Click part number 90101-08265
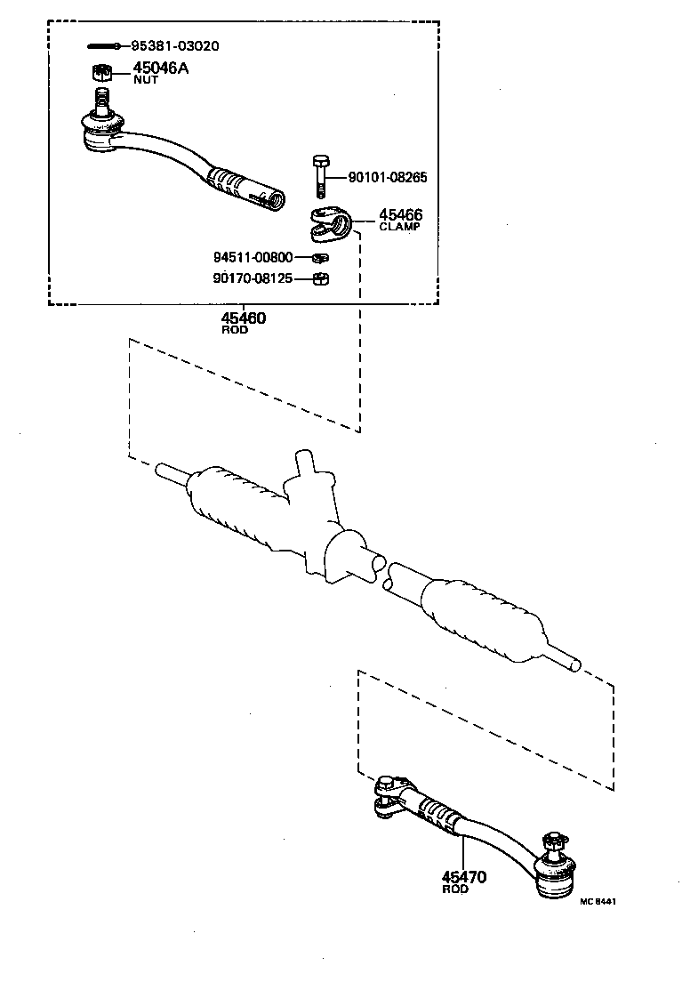point(388,178)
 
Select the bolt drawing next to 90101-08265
point(321,177)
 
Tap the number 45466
point(400,215)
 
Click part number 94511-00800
point(253,258)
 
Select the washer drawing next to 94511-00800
point(322,259)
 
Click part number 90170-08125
point(253,278)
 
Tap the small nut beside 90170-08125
point(323,279)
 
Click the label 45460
point(244,318)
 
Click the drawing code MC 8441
point(598,901)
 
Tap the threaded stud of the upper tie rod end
point(101,99)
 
